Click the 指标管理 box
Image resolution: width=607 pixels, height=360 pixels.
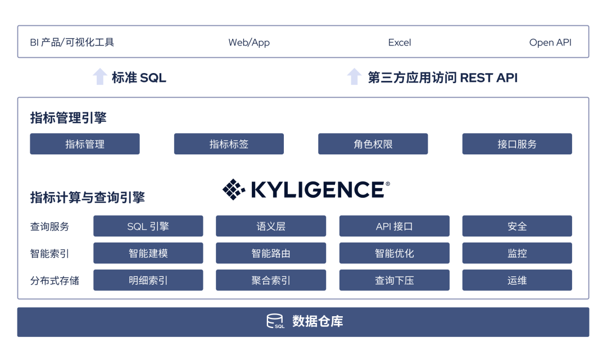(x=85, y=144)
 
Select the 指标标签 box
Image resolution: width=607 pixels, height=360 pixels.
(x=229, y=144)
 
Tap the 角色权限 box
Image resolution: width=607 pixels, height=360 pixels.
(x=373, y=144)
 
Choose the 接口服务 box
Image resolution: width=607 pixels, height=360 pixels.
(x=517, y=144)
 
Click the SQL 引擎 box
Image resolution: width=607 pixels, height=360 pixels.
(x=148, y=226)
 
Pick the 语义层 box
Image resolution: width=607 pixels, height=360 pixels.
(x=271, y=226)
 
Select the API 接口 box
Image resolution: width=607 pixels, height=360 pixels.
(x=395, y=226)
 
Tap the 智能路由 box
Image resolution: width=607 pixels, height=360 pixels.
(x=271, y=253)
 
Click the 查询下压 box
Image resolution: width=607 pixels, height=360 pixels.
(x=395, y=280)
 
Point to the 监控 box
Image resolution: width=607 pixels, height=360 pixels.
(x=517, y=253)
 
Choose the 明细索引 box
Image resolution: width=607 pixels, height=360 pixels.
(x=148, y=280)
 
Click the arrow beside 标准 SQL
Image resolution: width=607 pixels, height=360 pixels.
(x=100, y=76)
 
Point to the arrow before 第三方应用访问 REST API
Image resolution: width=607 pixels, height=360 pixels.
(x=354, y=76)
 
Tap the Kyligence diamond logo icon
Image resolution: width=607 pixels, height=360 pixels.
(x=234, y=189)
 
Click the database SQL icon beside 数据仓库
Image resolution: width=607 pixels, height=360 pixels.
(x=275, y=321)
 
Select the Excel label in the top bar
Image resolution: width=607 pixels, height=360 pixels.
(x=400, y=43)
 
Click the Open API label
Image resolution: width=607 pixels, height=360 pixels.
(x=550, y=43)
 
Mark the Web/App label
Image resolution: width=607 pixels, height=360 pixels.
(x=249, y=43)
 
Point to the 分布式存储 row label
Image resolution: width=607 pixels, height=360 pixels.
(x=55, y=280)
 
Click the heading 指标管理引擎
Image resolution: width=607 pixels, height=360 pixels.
(x=68, y=117)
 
